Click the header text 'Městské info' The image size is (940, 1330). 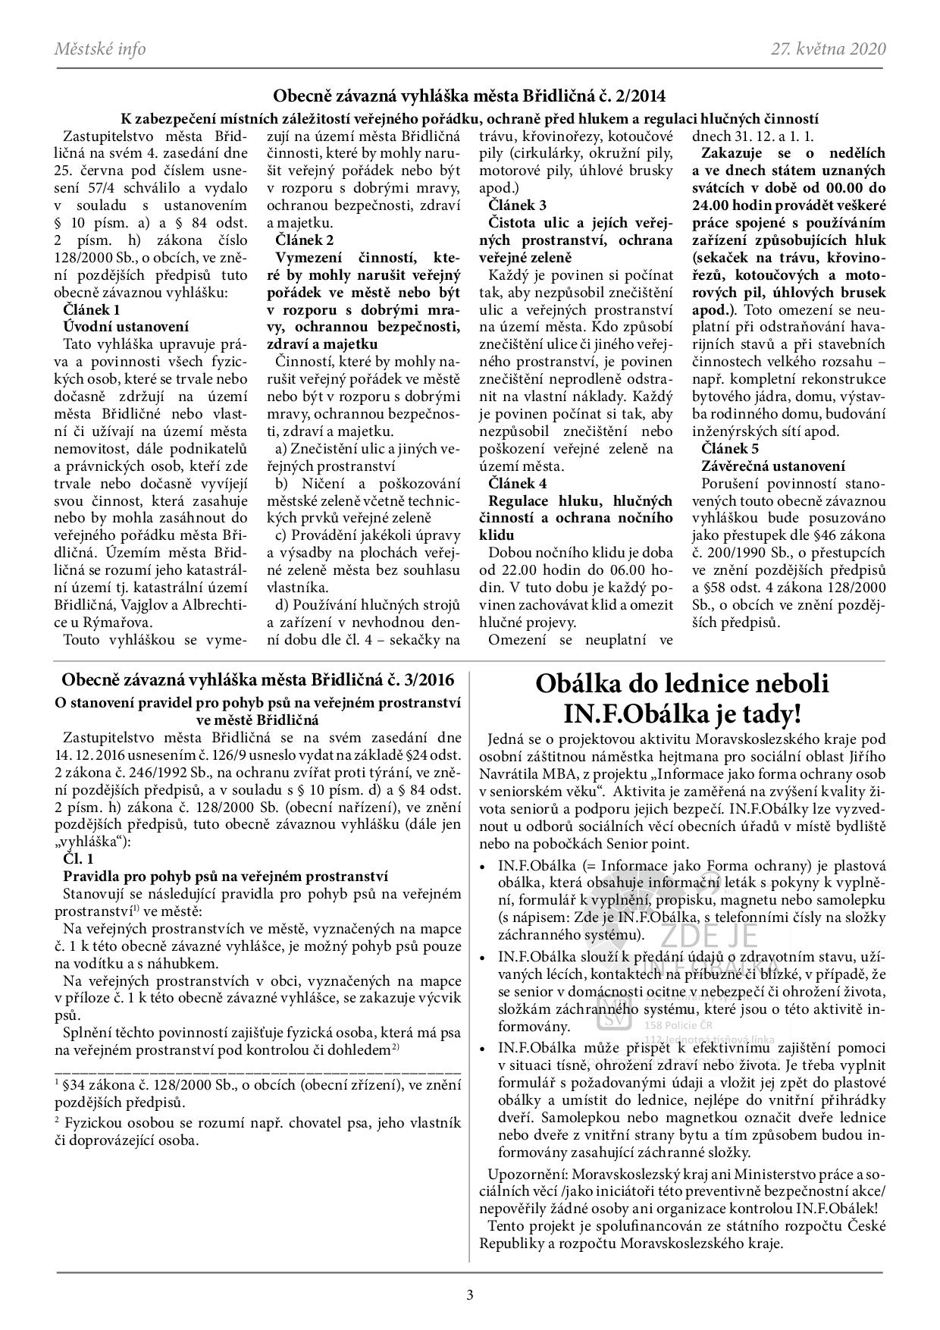tap(99, 50)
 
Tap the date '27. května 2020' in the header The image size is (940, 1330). tap(829, 50)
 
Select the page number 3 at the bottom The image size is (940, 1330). tap(470, 1295)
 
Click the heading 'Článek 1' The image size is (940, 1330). tap(92, 309)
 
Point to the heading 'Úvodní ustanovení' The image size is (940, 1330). tap(126, 327)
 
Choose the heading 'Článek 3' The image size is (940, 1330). tap(518, 205)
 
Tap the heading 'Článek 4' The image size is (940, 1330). tap(518, 483)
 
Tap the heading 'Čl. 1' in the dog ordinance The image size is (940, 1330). tap(79, 860)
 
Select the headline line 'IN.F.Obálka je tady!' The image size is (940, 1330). tap(681, 714)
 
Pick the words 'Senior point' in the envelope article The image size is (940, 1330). tap(651, 843)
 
